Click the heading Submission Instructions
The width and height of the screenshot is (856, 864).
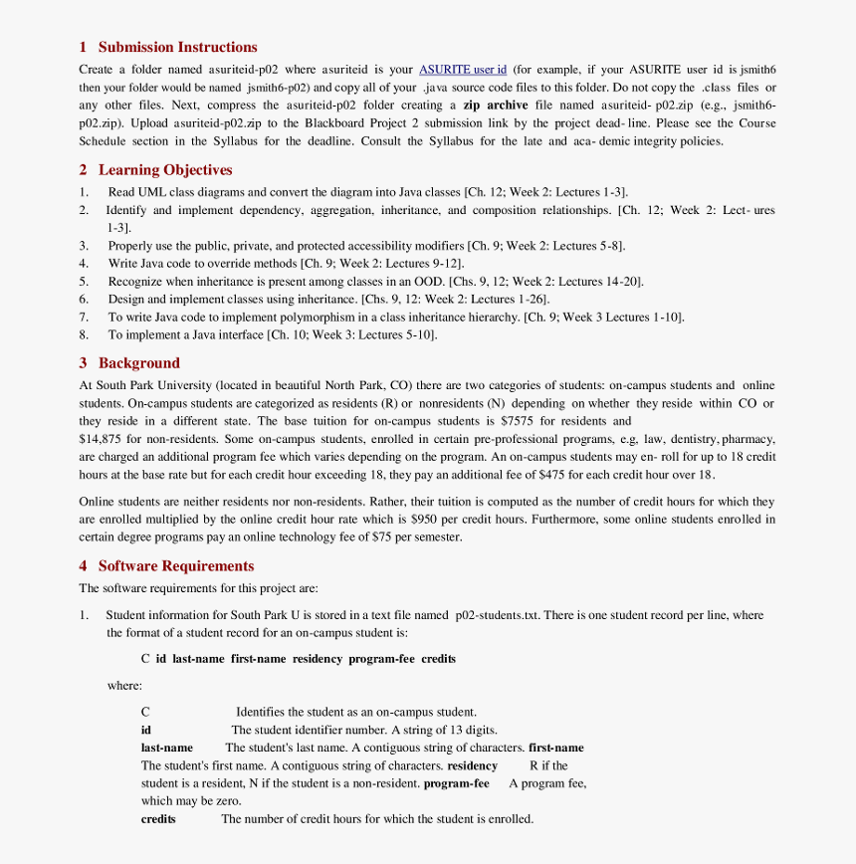[x=177, y=47]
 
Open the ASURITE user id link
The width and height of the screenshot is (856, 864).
[x=463, y=70]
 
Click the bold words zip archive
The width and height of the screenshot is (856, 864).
[x=495, y=106]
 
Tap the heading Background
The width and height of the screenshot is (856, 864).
[x=138, y=363]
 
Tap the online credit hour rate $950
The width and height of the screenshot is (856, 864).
[x=425, y=520]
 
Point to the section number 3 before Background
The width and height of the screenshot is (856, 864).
[x=84, y=363]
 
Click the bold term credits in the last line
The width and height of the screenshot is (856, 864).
[x=158, y=819]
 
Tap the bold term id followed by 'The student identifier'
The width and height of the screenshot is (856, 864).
[x=146, y=730]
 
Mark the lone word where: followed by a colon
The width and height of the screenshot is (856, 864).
[x=124, y=686]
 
